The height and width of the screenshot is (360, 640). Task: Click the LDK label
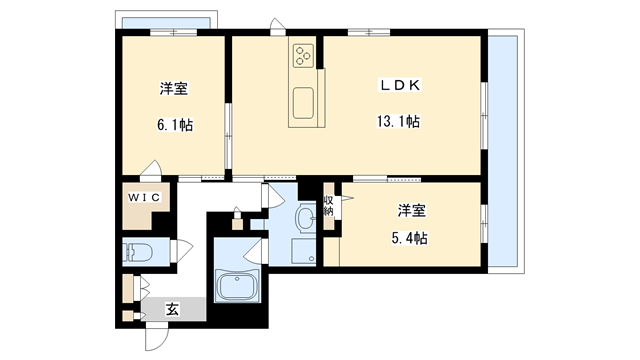click(x=398, y=86)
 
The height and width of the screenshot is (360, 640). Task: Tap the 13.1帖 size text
click(x=397, y=121)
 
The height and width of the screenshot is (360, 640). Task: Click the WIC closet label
click(x=143, y=196)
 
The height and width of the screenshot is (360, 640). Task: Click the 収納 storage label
click(x=328, y=206)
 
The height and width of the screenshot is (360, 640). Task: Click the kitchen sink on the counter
click(x=303, y=100)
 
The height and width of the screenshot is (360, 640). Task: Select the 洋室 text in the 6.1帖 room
click(x=174, y=89)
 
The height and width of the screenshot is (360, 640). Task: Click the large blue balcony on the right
click(x=505, y=150)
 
